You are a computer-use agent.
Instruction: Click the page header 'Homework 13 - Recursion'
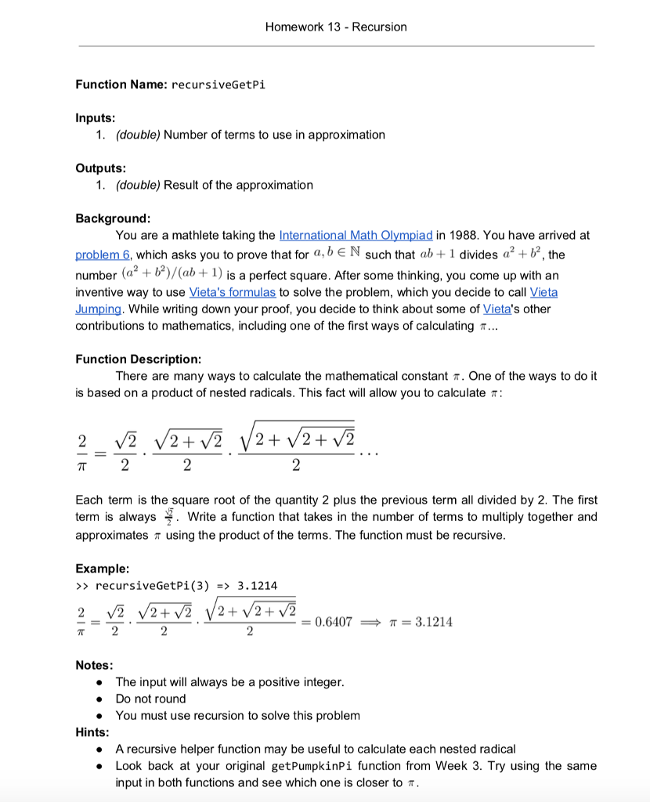(336, 27)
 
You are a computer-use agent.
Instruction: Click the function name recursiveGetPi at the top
(217, 85)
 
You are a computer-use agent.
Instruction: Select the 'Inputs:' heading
(96, 117)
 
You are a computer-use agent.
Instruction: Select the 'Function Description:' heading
(138, 359)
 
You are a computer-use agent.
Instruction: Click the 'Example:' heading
(103, 568)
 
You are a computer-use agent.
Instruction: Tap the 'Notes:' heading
(95, 665)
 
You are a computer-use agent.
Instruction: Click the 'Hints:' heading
(93, 732)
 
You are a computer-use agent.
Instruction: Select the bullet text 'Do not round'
(150, 699)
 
